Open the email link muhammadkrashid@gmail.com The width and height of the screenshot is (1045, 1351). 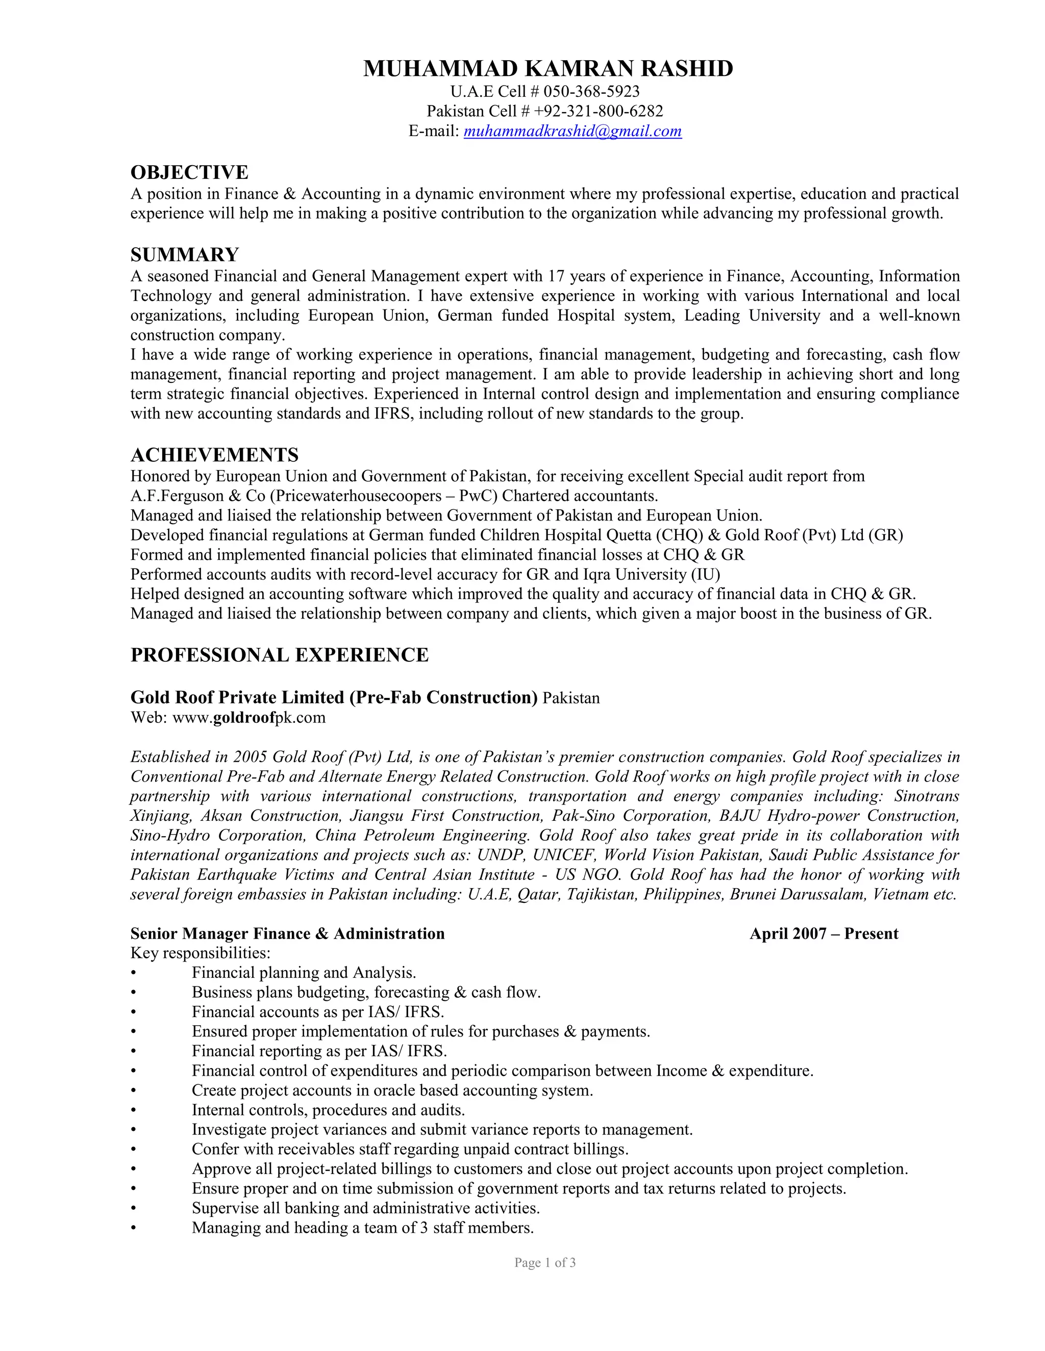pyautogui.click(x=572, y=131)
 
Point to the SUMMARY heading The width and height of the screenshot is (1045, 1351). pyautogui.click(x=185, y=254)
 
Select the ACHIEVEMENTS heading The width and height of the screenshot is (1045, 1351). pyautogui.click(x=214, y=455)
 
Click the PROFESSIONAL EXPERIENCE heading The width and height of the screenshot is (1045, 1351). pyautogui.click(x=279, y=655)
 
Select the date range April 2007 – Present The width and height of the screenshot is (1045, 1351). pyautogui.click(x=824, y=933)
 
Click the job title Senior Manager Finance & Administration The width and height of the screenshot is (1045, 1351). pyautogui.click(x=287, y=933)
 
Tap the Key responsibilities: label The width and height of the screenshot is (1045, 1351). pyautogui.click(x=201, y=953)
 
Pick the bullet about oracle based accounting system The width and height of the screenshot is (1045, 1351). pyautogui.click(x=392, y=1090)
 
